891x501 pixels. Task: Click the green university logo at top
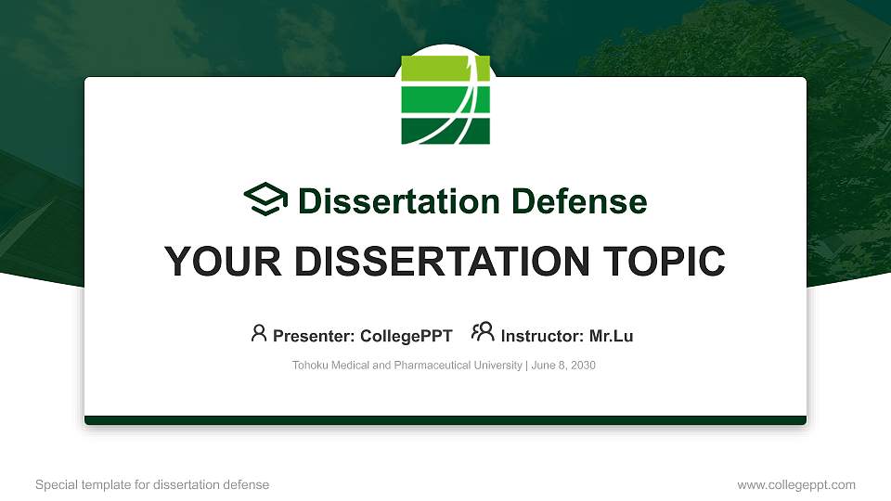[445, 100]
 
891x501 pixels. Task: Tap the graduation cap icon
[266, 200]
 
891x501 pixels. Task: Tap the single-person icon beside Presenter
[259, 333]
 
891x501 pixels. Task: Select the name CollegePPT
[407, 336]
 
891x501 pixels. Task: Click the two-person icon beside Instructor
[483, 333]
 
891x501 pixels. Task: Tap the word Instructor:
[542, 336]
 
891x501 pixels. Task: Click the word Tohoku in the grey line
[311, 366]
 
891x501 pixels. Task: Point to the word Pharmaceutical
[439, 366]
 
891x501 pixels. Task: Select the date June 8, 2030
[563, 366]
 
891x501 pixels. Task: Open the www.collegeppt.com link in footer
[796, 485]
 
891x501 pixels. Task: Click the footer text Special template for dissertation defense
[152, 485]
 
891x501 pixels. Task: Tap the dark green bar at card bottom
[445, 420]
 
